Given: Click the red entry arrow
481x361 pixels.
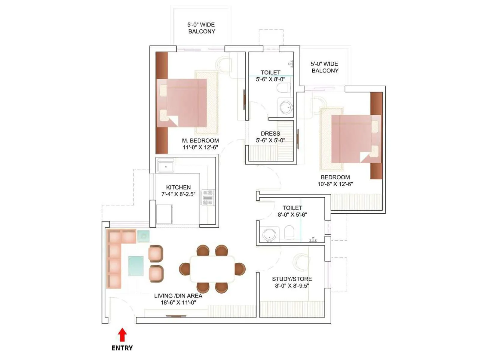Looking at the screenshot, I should [122, 335].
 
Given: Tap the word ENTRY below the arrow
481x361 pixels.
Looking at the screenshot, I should [122, 348].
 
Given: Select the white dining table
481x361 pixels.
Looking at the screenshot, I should [212, 269].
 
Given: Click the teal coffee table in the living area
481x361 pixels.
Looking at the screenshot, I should [136, 266].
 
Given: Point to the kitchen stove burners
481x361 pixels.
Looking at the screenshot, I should [208, 198].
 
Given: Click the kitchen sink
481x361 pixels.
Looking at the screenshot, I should [166, 167].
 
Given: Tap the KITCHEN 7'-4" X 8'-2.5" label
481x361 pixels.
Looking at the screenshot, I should [178, 191].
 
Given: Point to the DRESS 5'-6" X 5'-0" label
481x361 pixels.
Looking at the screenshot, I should [270, 137].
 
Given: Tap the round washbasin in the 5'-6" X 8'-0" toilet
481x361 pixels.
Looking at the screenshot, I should [286, 107].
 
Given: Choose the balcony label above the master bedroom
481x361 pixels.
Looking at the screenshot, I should [201, 28].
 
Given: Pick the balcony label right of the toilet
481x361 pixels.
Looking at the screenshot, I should [325, 67].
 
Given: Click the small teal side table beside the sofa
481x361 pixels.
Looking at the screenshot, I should [143, 236].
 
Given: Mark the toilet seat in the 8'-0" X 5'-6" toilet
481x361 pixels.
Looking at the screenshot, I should [289, 233].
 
